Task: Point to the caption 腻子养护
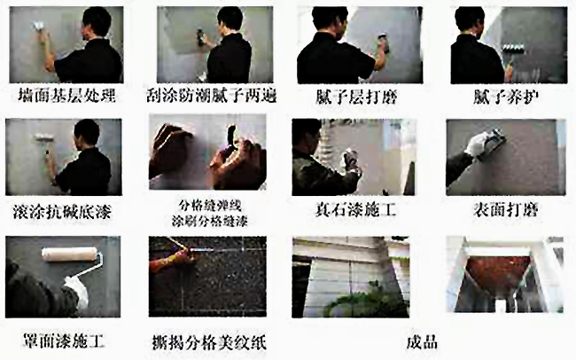502,94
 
